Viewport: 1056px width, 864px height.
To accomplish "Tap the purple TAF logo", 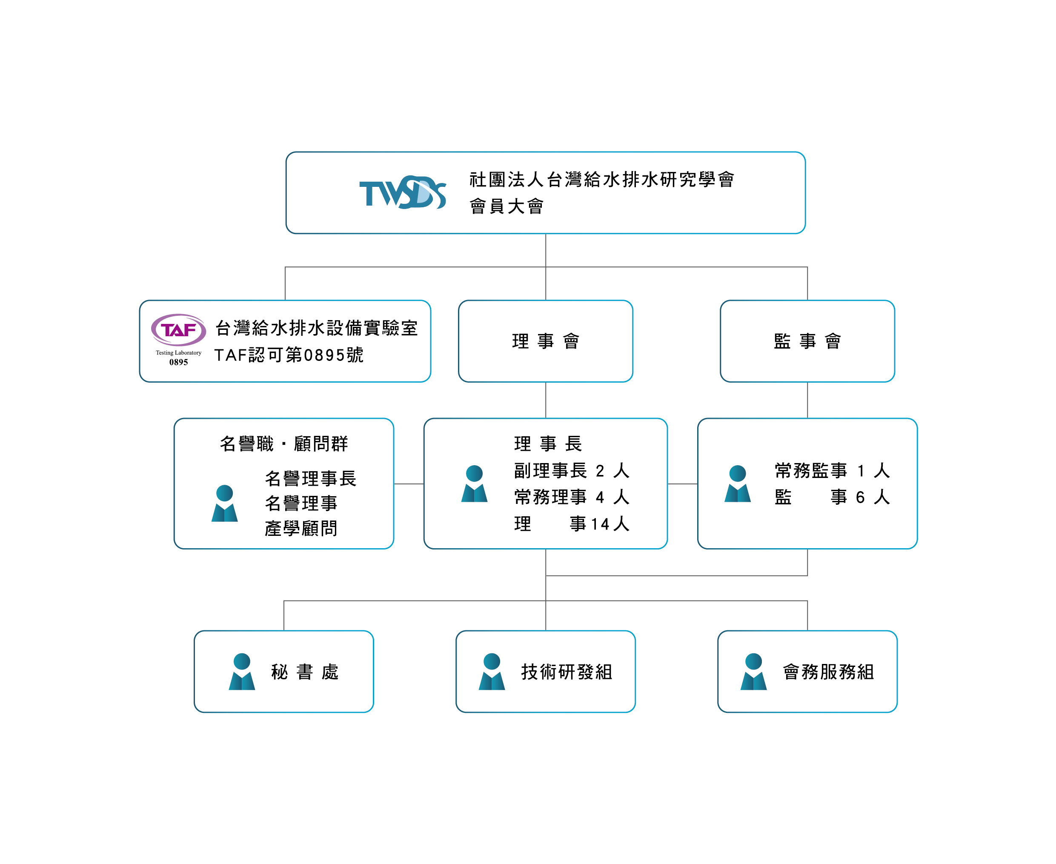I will pyautogui.click(x=179, y=329).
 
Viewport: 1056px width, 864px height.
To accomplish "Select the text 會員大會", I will pyautogui.click(x=507, y=206).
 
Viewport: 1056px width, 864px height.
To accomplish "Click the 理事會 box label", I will pyautogui.click(x=545, y=341).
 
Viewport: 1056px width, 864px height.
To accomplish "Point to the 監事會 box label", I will pyautogui.click(x=807, y=341).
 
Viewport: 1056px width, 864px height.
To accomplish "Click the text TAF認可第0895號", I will pyautogui.click(x=289, y=355).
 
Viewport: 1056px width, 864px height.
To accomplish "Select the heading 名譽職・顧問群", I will pyautogui.click(x=283, y=443).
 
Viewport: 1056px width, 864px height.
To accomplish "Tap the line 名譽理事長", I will pyautogui.click(x=311, y=478).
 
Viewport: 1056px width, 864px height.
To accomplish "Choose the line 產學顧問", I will pyautogui.click(x=301, y=528).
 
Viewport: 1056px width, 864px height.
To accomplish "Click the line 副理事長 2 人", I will pyautogui.click(x=572, y=470).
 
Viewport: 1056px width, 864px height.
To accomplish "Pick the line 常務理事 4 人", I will pyautogui.click(x=572, y=497).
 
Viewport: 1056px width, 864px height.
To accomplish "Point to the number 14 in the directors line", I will pyautogui.click(x=600, y=524).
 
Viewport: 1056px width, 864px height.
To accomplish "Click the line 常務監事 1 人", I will pyautogui.click(x=832, y=470).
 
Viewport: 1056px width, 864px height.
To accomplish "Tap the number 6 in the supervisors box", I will pyautogui.click(x=860, y=497).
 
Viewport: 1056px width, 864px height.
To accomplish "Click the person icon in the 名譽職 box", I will pyautogui.click(x=224, y=503).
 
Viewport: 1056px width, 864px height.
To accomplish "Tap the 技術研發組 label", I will pyautogui.click(x=567, y=672).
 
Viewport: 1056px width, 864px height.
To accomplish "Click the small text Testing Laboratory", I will pyautogui.click(x=179, y=353).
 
